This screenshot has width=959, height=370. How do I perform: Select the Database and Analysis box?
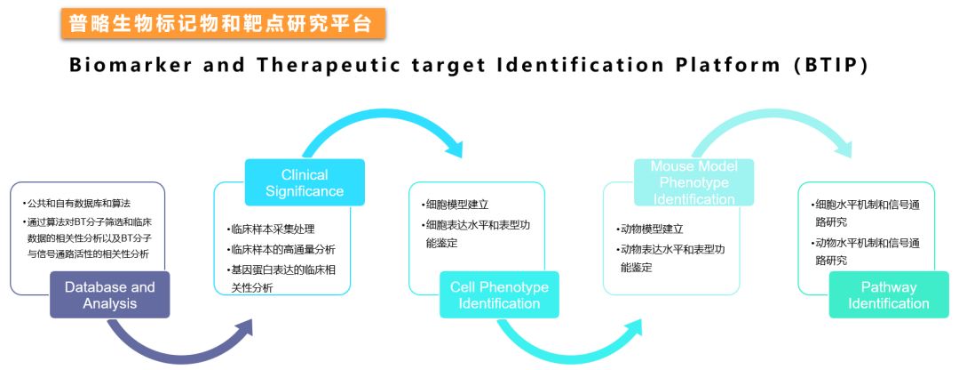pos(110,295)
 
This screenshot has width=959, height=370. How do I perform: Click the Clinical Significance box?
pos(305,182)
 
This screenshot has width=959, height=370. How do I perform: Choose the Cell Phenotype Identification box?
pos(499,295)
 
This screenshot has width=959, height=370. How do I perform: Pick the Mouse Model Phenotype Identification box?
pos(693,182)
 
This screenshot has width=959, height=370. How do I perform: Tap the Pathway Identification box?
pos(888,295)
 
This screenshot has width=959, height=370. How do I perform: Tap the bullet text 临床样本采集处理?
pos(271,229)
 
